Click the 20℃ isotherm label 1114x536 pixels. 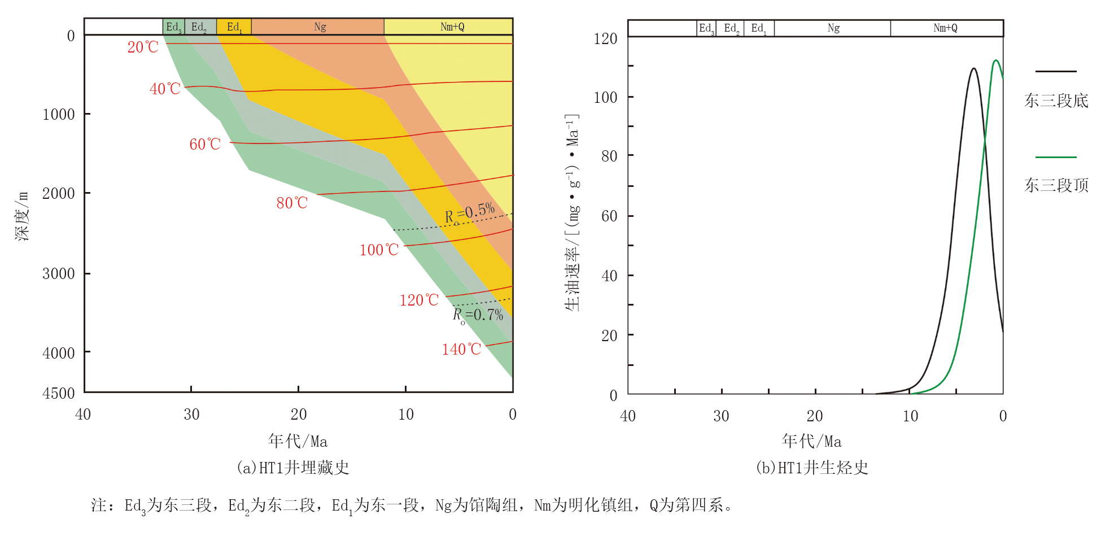tap(143, 47)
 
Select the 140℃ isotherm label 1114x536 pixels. tap(461, 350)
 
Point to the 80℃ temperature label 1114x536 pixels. tap(292, 203)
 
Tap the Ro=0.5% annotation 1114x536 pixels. tap(470, 213)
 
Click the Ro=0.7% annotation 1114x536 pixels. tap(478, 315)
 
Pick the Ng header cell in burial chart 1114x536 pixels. tap(320, 27)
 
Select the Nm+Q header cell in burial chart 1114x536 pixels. tap(452, 27)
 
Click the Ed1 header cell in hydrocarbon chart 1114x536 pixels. tap(758, 28)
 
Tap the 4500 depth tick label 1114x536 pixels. tap(59, 394)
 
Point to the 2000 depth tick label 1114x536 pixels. tap(59, 194)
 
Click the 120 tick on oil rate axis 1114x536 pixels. tap(605, 39)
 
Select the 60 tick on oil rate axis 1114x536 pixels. tap(609, 216)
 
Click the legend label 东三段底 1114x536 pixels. tap(1056, 101)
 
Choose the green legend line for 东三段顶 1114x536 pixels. tap(1056, 157)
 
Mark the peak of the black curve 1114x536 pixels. tap(973, 69)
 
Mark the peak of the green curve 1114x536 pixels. tap(995, 60)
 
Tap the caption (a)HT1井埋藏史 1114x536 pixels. tap(292, 468)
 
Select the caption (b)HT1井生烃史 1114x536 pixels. tap(812, 468)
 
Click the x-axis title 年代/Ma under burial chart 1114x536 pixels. tap(298, 441)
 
